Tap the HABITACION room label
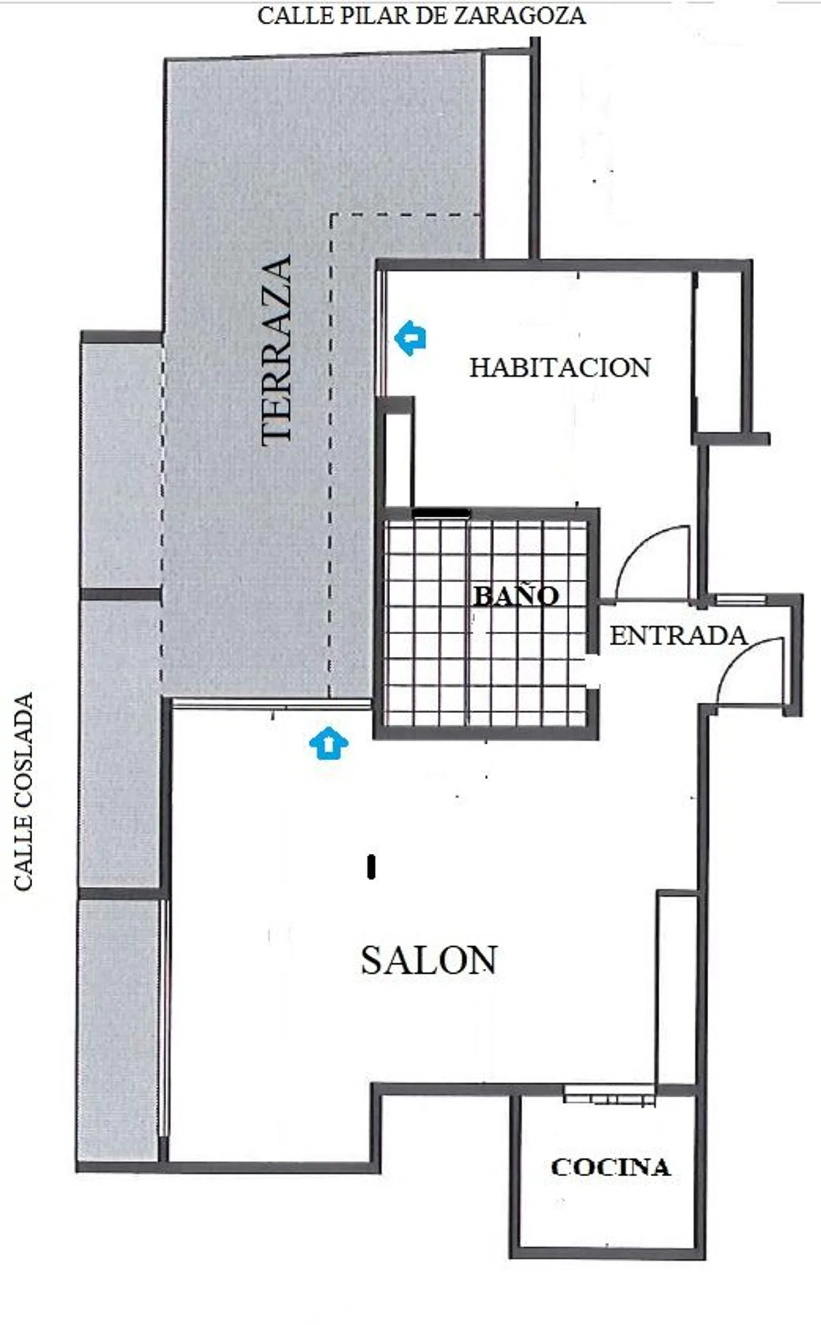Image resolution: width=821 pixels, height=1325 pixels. point(560,367)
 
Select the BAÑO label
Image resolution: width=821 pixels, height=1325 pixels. point(516,595)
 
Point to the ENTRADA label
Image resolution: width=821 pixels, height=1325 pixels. point(678,635)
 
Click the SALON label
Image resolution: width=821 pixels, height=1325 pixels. point(429,960)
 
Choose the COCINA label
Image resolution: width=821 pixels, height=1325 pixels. point(610,1167)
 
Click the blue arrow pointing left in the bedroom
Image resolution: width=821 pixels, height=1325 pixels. point(410,338)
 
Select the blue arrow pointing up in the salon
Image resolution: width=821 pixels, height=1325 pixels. point(328,743)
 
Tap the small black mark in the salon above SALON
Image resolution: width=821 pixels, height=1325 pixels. point(372,867)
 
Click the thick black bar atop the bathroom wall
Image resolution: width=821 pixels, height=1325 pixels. point(441,513)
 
